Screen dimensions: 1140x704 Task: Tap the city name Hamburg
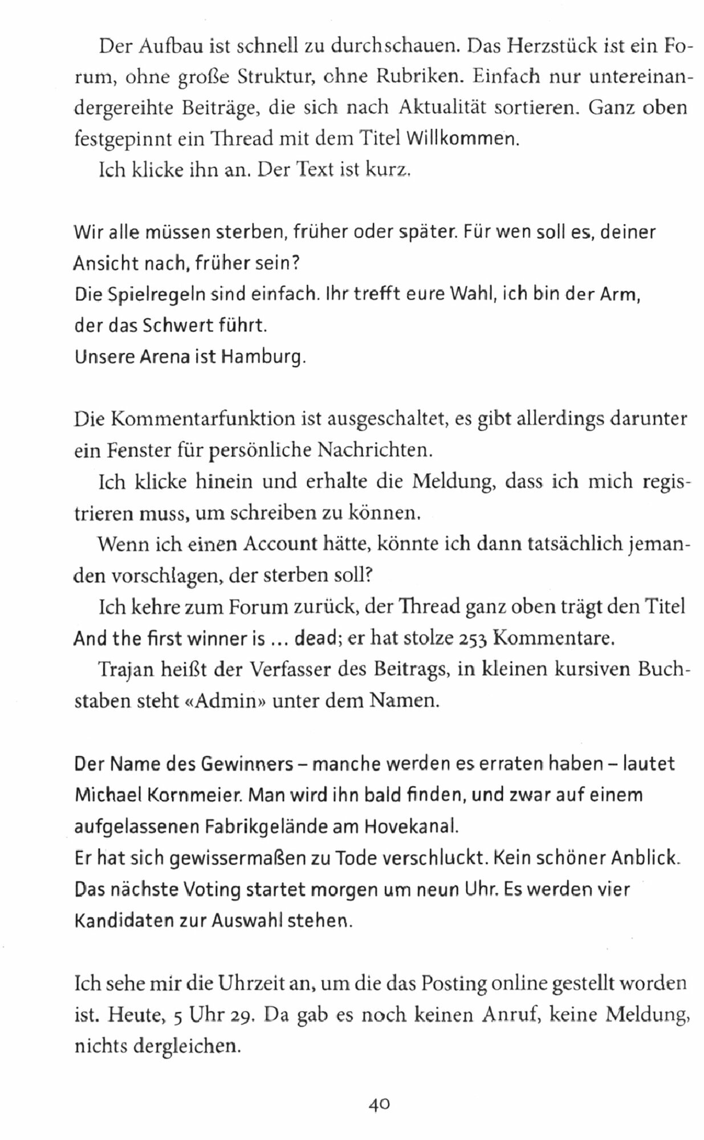click(x=263, y=357)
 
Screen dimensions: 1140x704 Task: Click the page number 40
click(x=379, y=1104)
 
